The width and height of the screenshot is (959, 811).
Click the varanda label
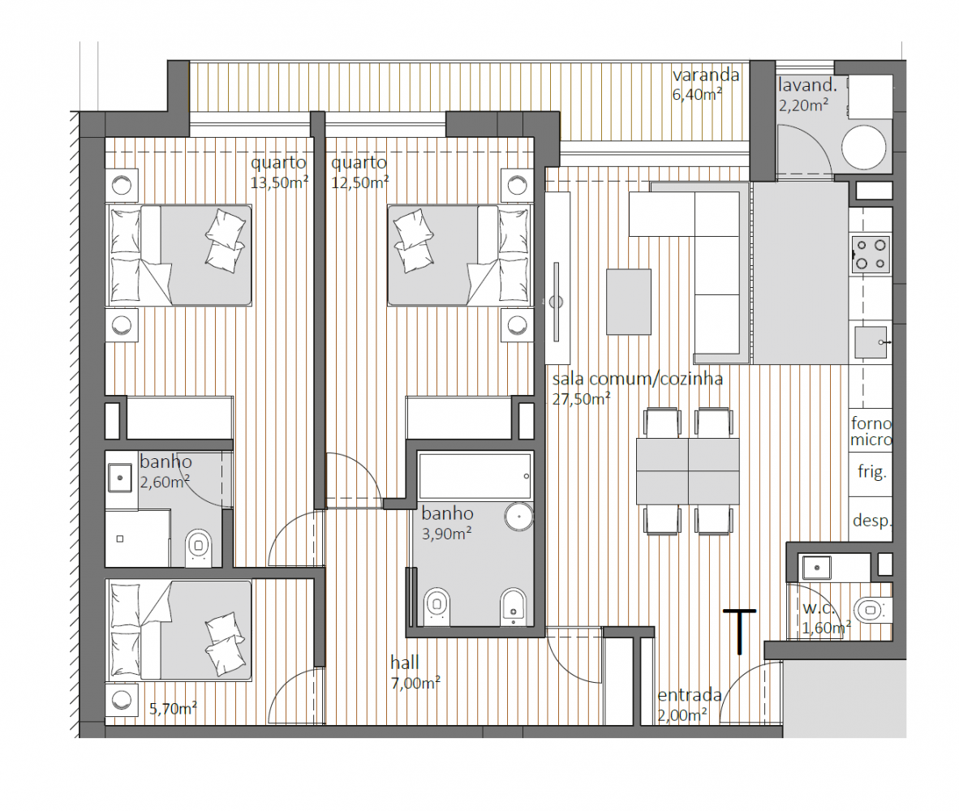pos(706,75)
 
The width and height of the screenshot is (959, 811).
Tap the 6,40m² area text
pos(697,94)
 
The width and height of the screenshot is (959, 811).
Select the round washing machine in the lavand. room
pos(863,148)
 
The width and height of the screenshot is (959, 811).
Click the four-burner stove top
pos(871,254)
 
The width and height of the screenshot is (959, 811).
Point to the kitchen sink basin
pos(871,342)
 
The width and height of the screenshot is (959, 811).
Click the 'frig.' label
pos(871,472)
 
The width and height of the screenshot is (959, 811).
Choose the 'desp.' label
pos(872,521)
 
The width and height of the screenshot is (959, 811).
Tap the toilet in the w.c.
pos(872,610)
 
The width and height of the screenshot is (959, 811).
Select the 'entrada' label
pos(690,695)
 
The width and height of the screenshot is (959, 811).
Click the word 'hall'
pos(404,663)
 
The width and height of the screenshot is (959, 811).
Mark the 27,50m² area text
pos(581,399)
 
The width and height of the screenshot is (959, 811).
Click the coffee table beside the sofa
pos(629,302)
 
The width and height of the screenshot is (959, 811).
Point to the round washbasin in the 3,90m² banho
pos(518,517)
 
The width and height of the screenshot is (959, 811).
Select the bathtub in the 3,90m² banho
pos(475,476)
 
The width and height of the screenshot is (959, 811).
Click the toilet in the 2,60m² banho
pos(198,547)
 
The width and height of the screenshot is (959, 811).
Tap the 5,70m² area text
pos(173,708)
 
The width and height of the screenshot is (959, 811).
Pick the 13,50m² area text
pos(279,182)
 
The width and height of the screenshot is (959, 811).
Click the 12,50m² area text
pos(359,182)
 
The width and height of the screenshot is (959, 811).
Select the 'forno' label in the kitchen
pos(871,423)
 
